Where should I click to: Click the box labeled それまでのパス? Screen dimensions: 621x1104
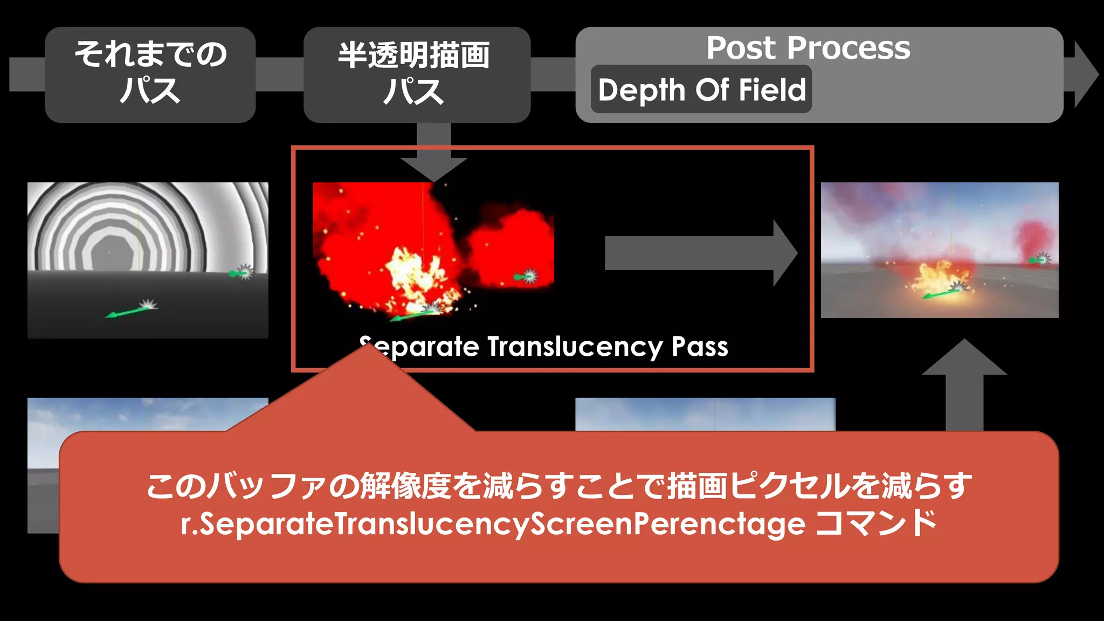[150, 74]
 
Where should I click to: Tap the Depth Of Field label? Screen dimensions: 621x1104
[701, 89]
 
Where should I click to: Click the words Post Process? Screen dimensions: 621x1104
[808, 48]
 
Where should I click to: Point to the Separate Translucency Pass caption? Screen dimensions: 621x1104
[544, 347]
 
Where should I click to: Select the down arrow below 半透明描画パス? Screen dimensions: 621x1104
[434, 154]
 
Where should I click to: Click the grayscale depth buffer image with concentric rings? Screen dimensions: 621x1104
[148, 260]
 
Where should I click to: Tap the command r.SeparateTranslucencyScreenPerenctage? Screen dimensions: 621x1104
[493, 525]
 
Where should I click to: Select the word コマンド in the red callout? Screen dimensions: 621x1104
[876, 523]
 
